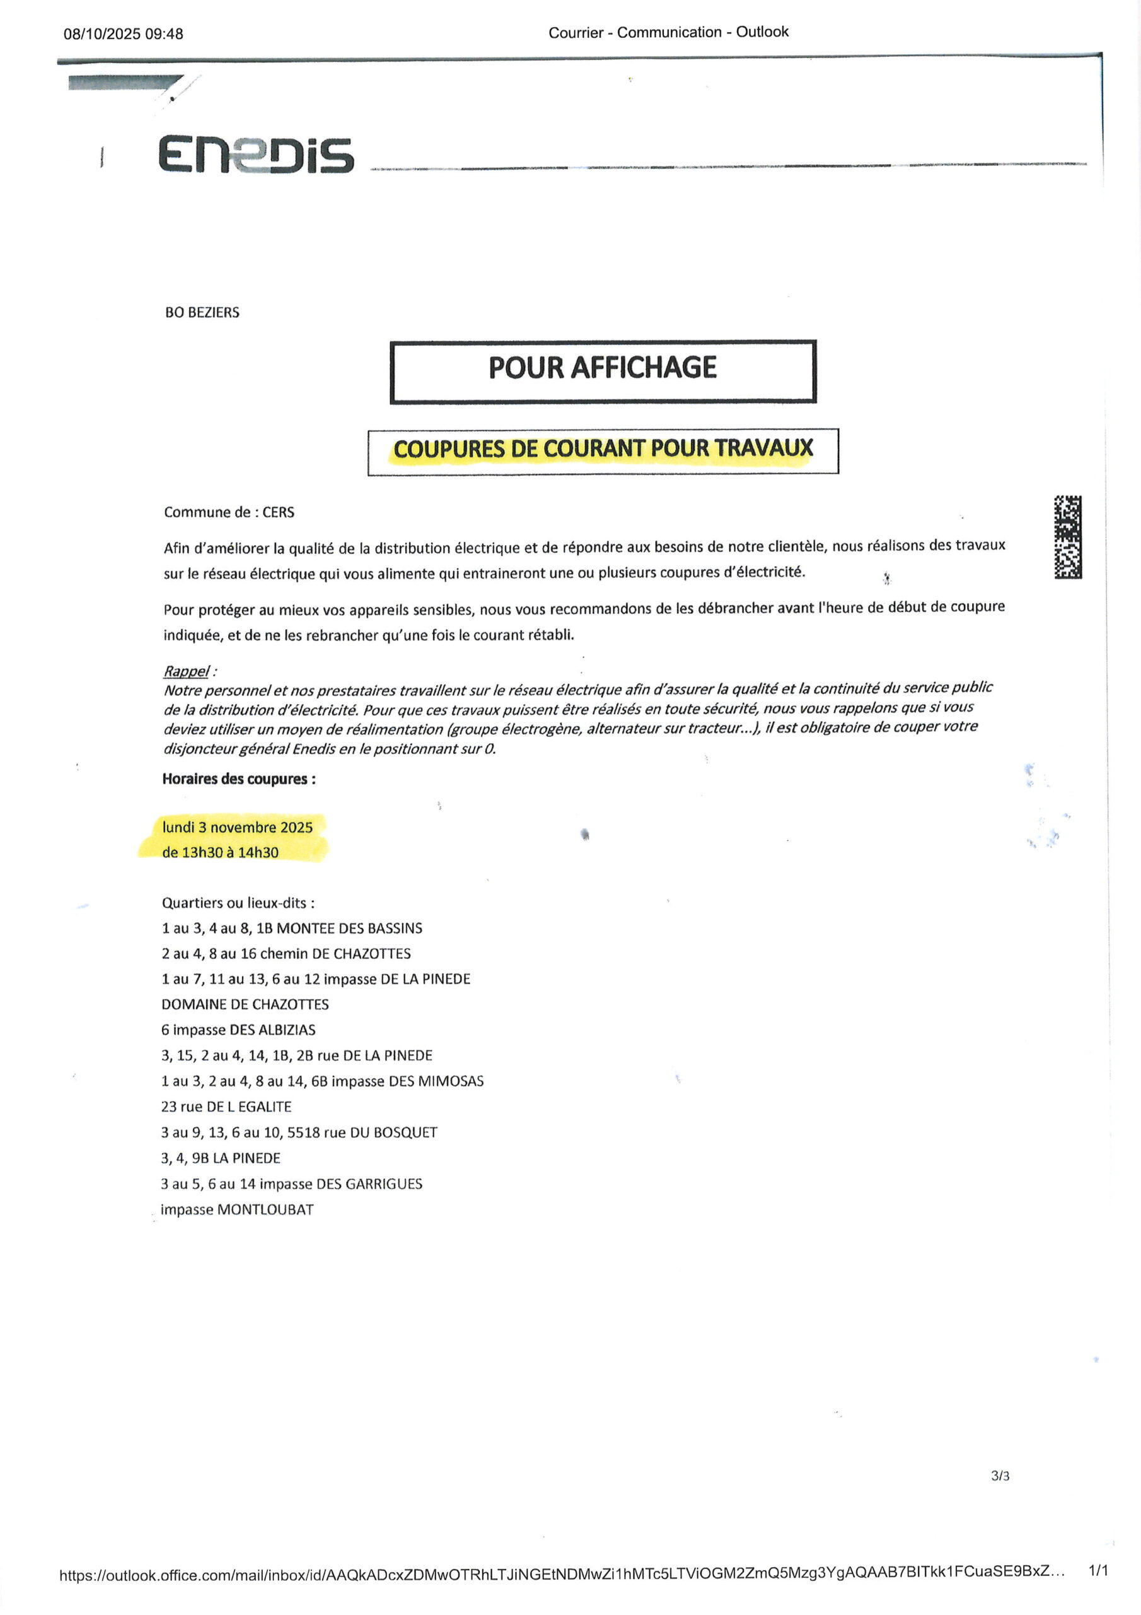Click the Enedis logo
[x=255, y=154]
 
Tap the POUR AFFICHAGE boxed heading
[x=603, y=368]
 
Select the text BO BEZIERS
[x=202, y=312]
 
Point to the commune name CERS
[x=279, y=512]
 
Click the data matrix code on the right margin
[x=1067, y=537]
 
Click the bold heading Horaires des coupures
[x=238, y=778]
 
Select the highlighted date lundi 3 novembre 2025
[x=237, y=827]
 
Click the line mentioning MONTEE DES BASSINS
[x=292, y=928]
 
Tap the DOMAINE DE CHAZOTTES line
[x=245, y=1004]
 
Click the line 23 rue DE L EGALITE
[x=226, y=1107]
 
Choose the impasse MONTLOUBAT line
[x=237, y=1209]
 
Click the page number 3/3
[x=1000, y=1476]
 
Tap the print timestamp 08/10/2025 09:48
[x=123, y=34]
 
